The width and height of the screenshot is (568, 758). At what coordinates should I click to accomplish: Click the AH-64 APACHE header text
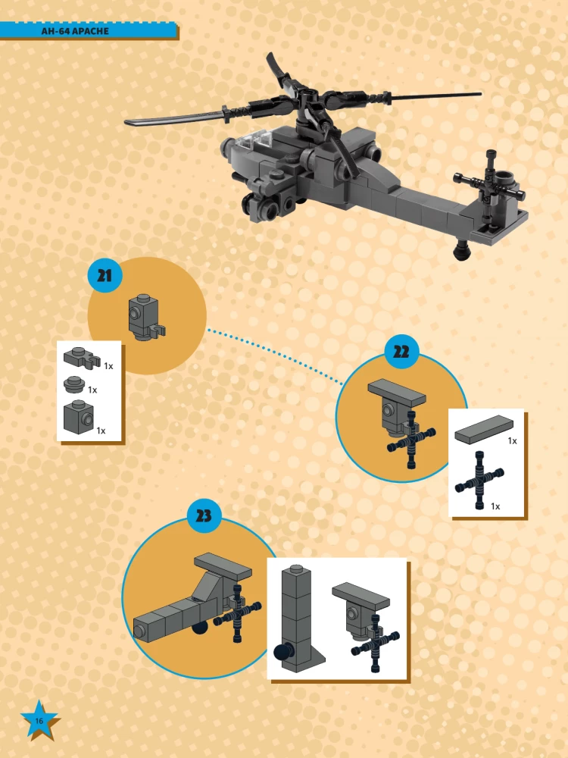pos(75,31)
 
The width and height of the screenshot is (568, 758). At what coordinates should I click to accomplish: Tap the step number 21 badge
pos(105,276)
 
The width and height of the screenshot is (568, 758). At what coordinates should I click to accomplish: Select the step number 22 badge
pos(401,352)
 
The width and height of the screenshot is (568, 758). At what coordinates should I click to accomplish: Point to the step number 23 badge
pos(204,515)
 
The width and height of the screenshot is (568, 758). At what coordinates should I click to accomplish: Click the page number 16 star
pos(39,720)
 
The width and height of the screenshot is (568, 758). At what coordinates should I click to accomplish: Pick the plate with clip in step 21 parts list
pos(82,357)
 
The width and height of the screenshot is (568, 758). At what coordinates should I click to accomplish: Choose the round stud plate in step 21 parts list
pos(74,384)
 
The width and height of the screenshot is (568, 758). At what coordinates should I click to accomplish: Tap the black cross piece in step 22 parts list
pos(479,480)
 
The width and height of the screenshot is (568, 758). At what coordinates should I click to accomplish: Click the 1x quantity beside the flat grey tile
pos(513,441)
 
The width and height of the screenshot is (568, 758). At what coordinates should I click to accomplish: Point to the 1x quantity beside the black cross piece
pos(495,506)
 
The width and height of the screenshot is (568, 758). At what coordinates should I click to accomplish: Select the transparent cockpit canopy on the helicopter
pos(254,140)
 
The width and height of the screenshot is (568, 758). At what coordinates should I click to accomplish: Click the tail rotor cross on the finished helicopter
pos(488,185)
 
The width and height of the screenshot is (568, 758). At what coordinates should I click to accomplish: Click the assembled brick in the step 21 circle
pos(145,317)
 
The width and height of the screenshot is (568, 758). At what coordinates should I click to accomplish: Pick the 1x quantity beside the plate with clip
pos(108,366)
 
